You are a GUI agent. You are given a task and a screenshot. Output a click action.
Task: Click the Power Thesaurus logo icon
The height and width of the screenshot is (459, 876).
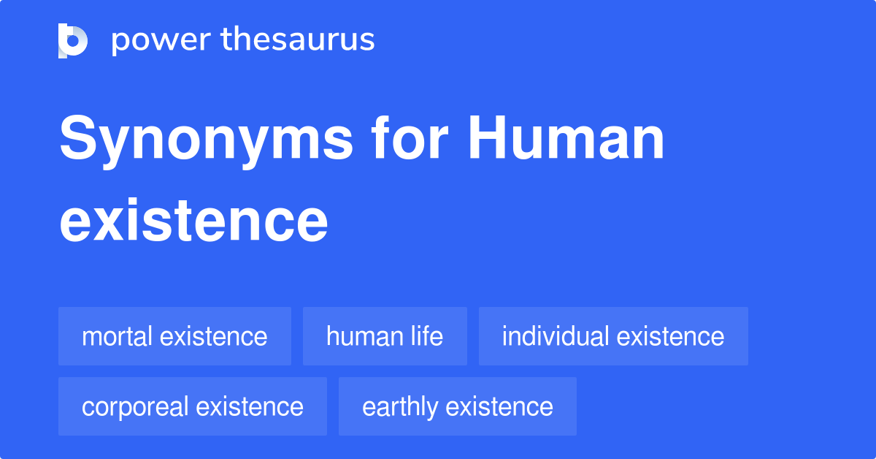73,40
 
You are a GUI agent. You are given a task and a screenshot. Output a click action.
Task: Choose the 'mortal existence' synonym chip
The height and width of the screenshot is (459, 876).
174,336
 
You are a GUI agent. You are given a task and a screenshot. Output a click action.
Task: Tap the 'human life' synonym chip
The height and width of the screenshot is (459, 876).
385,336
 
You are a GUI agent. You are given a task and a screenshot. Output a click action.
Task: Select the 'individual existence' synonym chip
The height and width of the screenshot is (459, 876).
613,336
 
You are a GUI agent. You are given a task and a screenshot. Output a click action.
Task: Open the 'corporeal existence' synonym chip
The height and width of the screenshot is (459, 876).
193,406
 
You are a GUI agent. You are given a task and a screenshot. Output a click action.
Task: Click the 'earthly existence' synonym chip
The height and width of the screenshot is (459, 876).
458,406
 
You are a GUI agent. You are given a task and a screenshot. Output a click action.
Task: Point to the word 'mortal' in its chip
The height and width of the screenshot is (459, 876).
117,336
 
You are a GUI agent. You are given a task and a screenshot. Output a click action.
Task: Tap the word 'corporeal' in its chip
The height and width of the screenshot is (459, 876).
136,406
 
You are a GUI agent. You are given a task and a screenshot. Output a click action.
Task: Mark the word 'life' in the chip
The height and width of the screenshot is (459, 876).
426,336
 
